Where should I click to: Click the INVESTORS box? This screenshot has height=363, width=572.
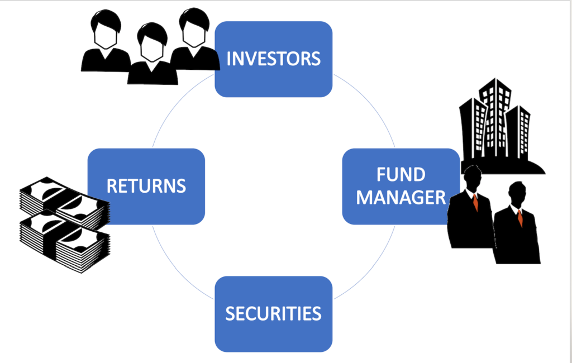click(274, 59)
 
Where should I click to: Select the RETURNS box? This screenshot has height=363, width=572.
click(146, 186)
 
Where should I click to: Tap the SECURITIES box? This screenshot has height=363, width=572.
click(274, 313)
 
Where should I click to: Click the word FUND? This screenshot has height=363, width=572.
click(401, 175)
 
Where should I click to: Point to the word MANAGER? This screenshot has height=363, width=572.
click(401, 197)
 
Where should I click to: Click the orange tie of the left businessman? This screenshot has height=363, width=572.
click(475, 202)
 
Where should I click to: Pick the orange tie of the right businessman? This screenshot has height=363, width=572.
click(519, 217)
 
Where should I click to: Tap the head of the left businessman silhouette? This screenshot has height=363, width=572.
click(473, 178)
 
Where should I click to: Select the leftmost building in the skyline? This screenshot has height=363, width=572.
click(471, 128)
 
